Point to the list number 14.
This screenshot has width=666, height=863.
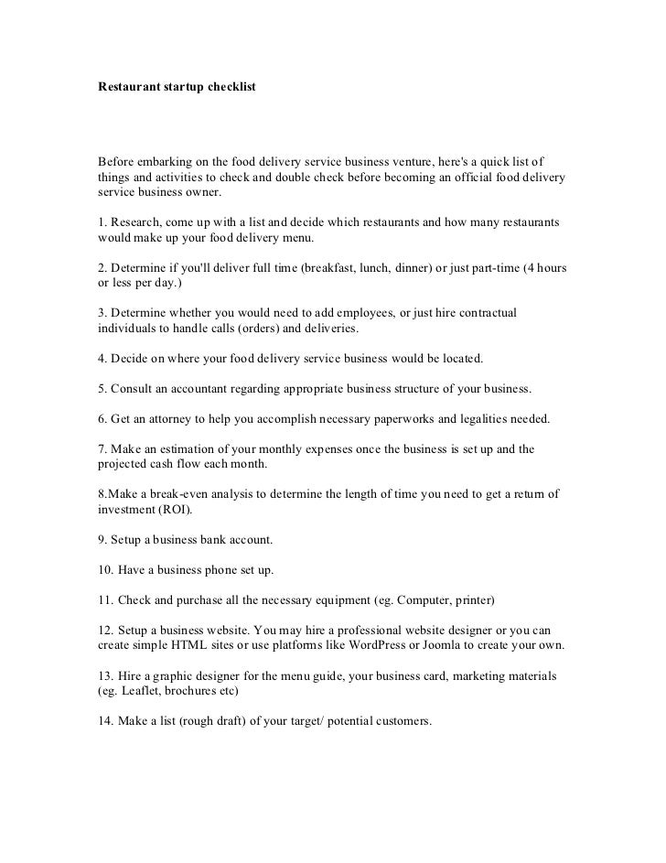click(105, 720)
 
